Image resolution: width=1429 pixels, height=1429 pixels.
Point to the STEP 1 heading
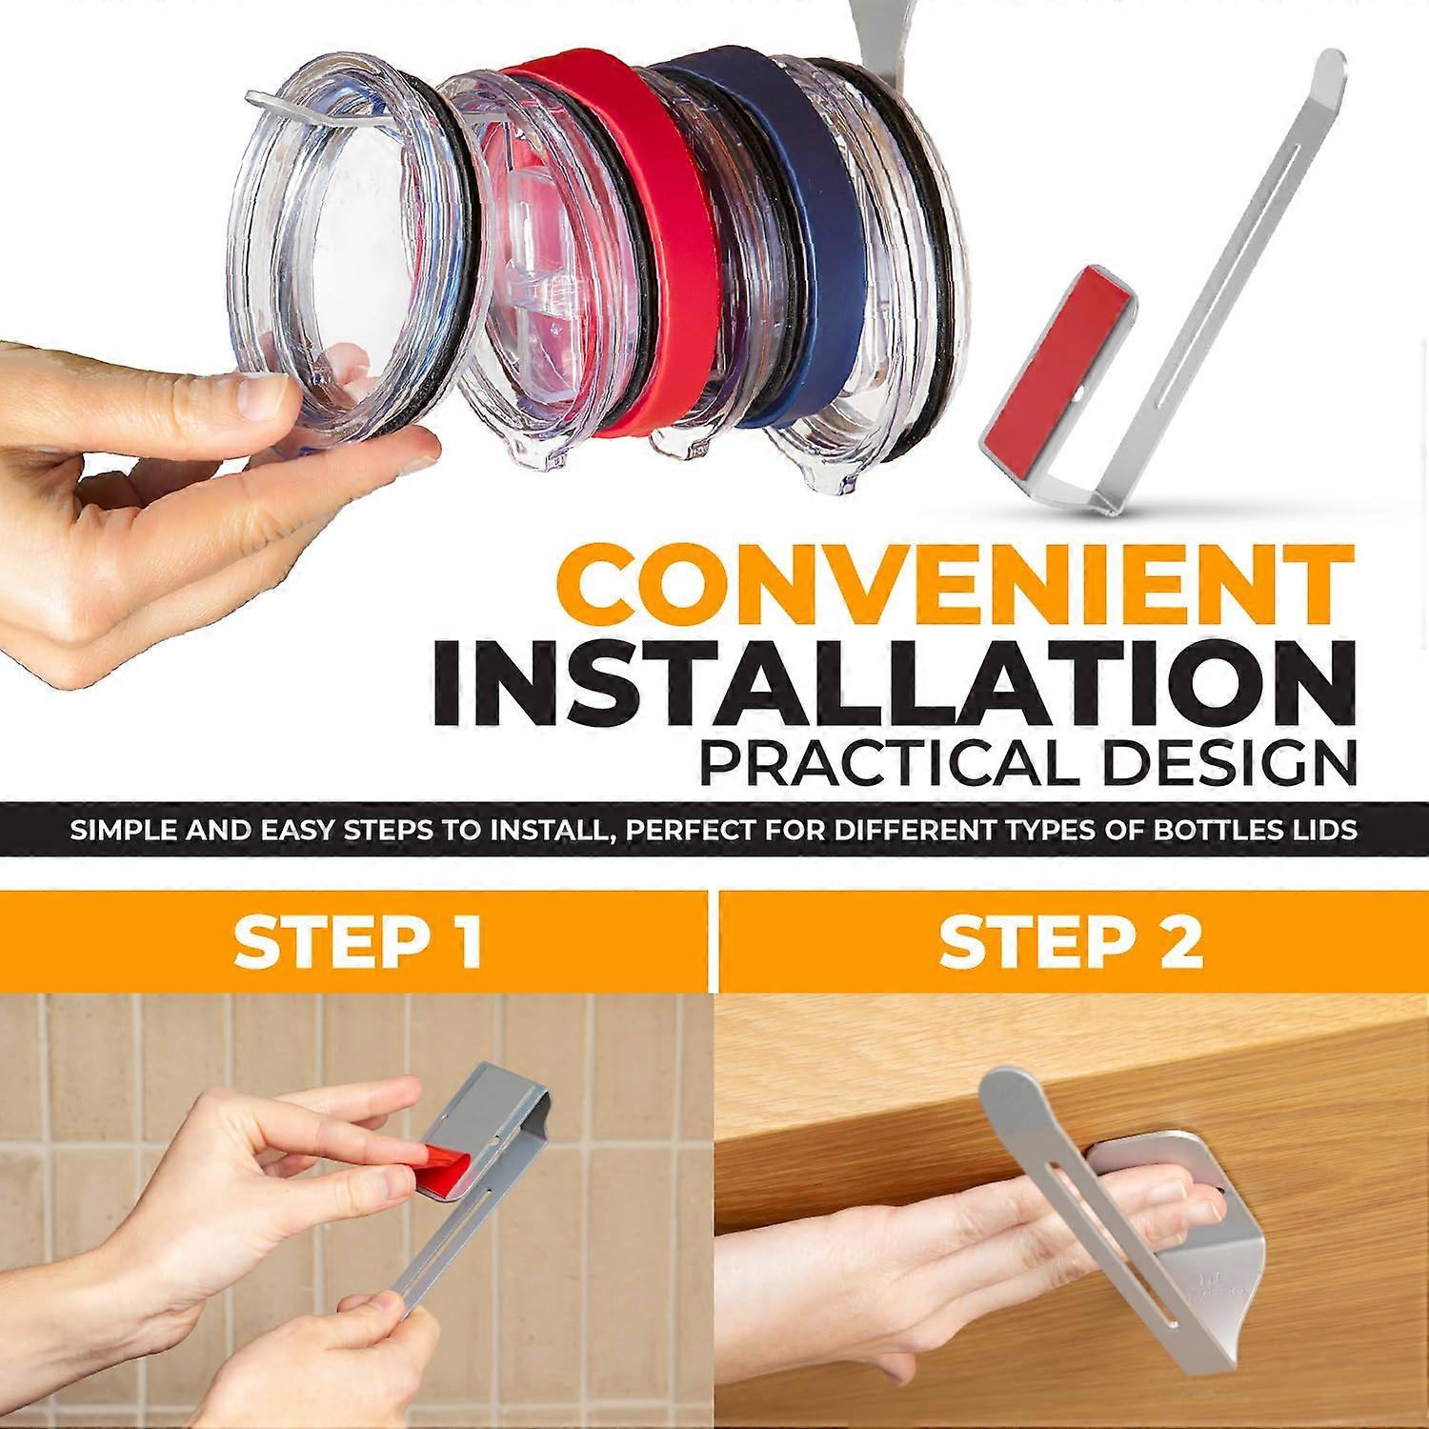pyautogui.click(x=357, y=941)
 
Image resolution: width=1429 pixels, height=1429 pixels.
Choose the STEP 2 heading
pyautogui.click(x=1071, y=941)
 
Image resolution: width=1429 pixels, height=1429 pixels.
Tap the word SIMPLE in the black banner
pyautogui.click(x=120, y=830)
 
